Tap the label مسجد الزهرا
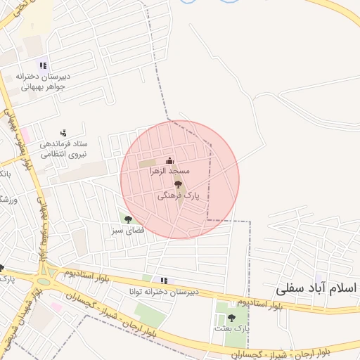pyautogui.click(x=169, y=172)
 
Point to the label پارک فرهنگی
pyautogui.click(x=178, y=198)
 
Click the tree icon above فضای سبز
pyautogui.click(x=128, y=219)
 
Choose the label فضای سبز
pyautogui.click(x=128, y=230)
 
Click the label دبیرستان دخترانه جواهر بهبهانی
pyautogui.click(x=42, y=82)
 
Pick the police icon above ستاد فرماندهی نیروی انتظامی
pyautogui.click(x=63, y=132)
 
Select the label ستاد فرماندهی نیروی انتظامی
pyautogui.click(x=63, y=148)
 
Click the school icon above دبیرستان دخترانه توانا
pyautogui.click(x=164, y=281)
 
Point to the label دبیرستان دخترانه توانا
pyautogui.click(x=164, y=291)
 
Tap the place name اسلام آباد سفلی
pyautogui.click(x=317, y=288)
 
